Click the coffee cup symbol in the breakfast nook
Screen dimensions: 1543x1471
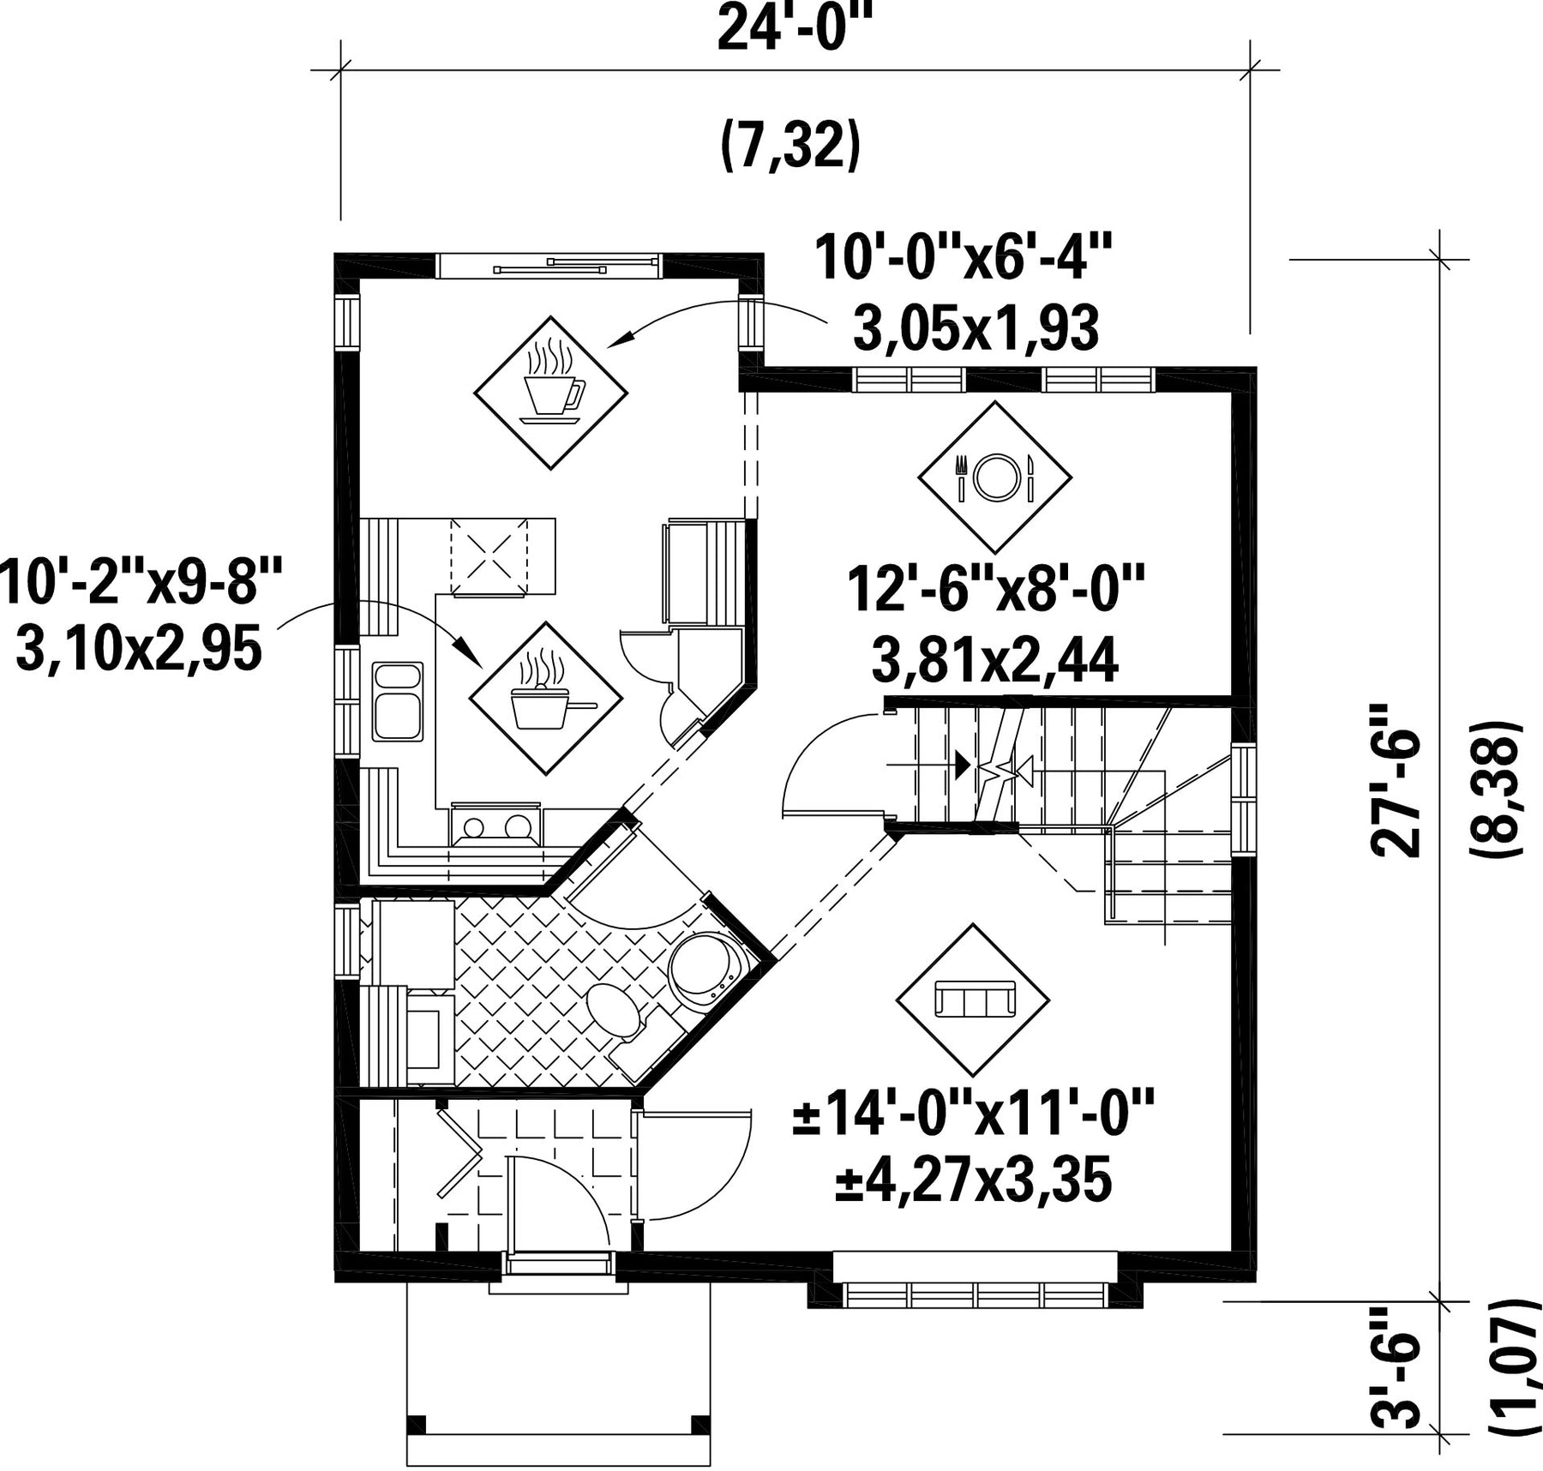pyautogui.click(x=551, y=393)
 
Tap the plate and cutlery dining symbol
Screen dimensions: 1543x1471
pyautogui.click(x=994, y=477)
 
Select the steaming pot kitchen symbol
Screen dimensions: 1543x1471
pyautogui.click(x=546, y=699)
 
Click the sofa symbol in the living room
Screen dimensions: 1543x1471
pyautogui.click(x=973, y=1000)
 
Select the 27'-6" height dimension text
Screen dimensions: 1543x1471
pyautogui.click(x=1395, y=780)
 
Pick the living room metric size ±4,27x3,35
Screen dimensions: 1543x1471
pyautogui.click(x=974, y=1180)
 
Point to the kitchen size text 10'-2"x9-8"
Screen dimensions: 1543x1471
pyautogui.click(x=141, y=580)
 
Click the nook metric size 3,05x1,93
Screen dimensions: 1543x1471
pyautogui.click(x=976, y=328)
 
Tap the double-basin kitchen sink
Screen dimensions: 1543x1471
pyautogui.click(x=398, y=701)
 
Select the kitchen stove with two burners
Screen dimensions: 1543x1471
pyautogui.click(x=496, y=824)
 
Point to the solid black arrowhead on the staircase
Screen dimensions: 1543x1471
pyautogui.click(x=963, y=764)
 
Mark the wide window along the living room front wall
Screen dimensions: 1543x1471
pyautogui.click(x=976, y=1294)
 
